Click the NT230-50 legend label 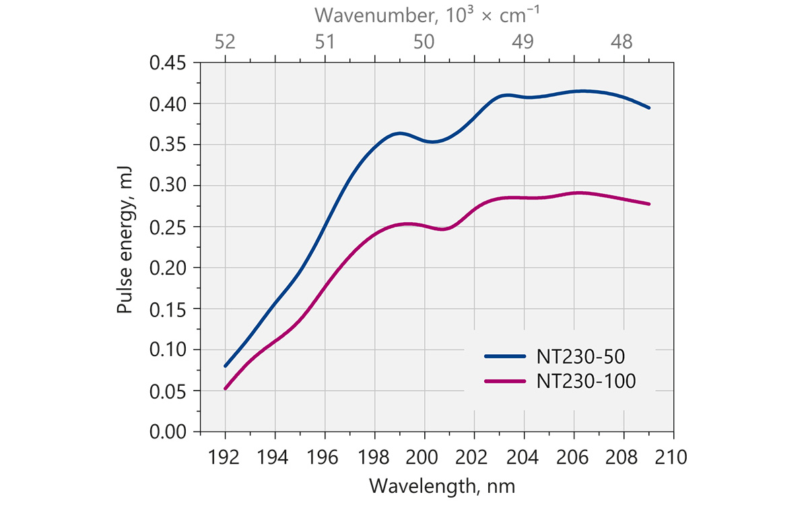click(x=580, y=356)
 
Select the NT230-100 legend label click(x=586, y=381)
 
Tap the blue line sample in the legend click(x=505, y=356)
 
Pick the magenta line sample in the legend click(x=505, y=381)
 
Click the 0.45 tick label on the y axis click(x=168, y=63)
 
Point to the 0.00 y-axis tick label click(x=168, y=432)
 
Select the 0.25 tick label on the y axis click(x=168, y=227)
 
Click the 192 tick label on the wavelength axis click(x=224, y=457)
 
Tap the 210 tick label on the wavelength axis click(x=671, y=457)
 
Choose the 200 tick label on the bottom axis click(x=422, y=457)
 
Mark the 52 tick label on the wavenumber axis click(x=225, y=42)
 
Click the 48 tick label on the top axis click(x=621, y=42)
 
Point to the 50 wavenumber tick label click(x=424, y=42)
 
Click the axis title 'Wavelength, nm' click(x=442, y=486)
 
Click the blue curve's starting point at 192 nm click(x=226, y=366)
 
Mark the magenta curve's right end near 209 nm click(x=649, y=204)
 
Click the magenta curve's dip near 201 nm click(x=443, y=229)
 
